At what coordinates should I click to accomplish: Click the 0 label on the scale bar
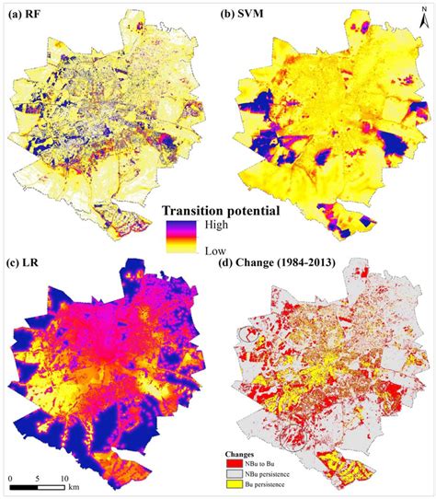(x=11, y=479)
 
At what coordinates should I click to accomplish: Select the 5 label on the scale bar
(x=37, y=479)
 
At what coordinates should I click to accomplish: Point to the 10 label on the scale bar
(x=63, y=479)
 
